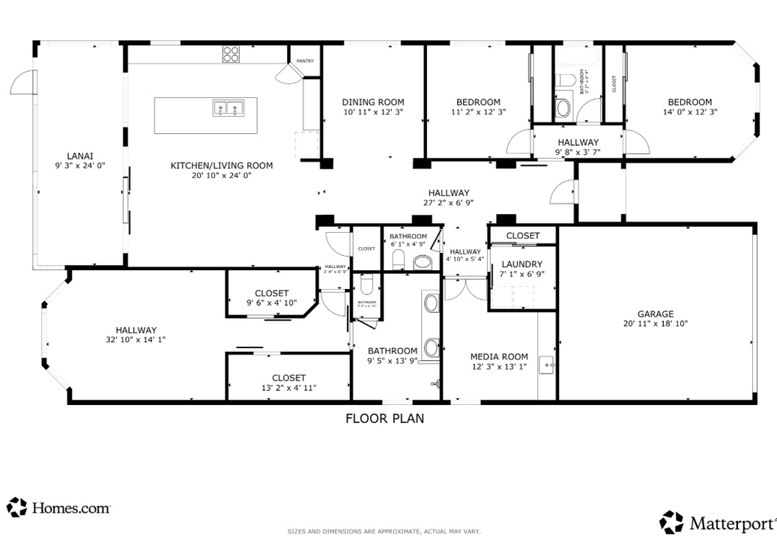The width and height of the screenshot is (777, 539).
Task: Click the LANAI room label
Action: coord(79,156)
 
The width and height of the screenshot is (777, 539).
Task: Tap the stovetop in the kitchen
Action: coord(231,54)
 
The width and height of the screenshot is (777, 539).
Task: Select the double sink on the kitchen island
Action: coord(227,109)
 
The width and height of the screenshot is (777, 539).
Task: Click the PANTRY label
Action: coord(305,61)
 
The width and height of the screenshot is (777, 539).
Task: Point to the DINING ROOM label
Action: coord(373,103)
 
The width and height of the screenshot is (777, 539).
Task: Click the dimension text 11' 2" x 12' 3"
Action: coord(479,112)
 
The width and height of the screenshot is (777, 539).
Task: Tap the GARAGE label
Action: coord(655,314)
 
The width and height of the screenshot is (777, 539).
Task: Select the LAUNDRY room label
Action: coord(521,264)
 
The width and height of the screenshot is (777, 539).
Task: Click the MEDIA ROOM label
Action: coord(499,356)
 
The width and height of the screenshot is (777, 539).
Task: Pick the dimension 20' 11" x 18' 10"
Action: coord(655,324)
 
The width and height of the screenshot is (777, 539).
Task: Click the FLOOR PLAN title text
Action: coord(384,418)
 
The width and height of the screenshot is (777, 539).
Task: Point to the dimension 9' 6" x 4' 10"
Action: coord(272,303)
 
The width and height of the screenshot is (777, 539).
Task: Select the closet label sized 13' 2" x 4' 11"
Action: coord(288,378)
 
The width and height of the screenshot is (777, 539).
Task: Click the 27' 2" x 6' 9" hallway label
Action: coord(449,192)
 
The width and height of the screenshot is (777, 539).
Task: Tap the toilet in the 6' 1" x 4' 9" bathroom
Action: coord(399,261)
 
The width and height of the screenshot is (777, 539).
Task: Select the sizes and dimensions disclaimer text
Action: coord(384,532)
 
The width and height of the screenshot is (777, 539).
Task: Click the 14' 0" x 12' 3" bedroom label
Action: coord(690,103)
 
